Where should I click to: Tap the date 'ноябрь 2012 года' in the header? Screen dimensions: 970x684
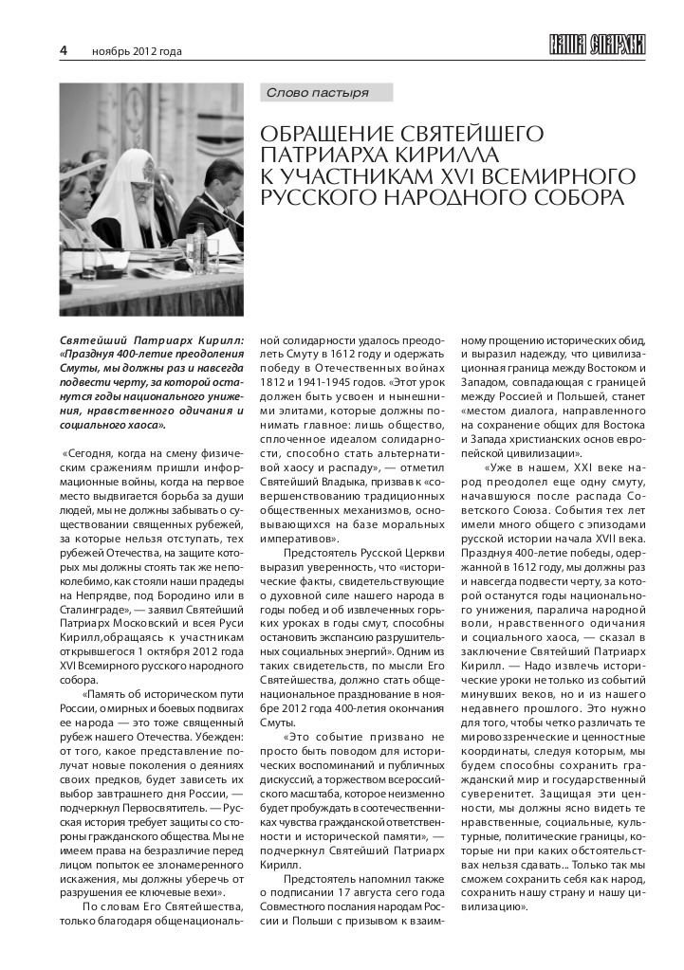click(137, 51)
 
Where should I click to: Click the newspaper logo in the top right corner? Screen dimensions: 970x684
click(597, 46)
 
